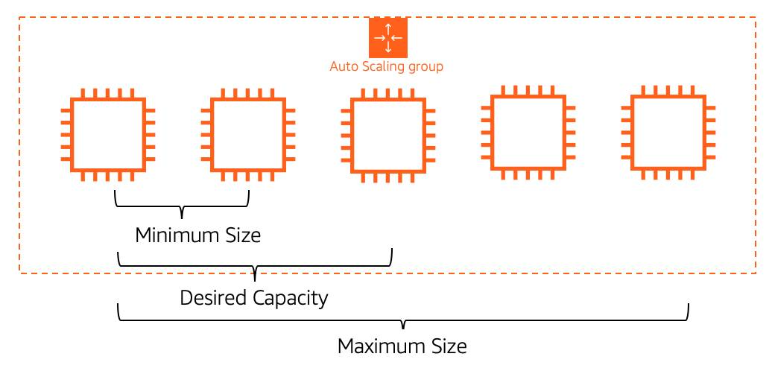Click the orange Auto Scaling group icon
tap(387, 38)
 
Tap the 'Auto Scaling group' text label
tap(386, 66)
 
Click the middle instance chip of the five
tap(387, 135)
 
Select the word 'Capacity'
tap(289, 299)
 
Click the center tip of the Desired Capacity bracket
tap(255, 274)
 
